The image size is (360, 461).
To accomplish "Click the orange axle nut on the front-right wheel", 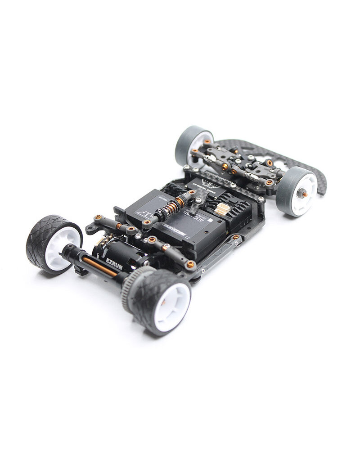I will coord(305,194).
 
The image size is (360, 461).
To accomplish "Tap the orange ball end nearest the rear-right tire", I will coord(191,264).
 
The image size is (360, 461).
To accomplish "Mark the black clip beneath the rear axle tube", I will coord(81,271).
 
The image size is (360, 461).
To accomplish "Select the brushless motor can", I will coord(119,254).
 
